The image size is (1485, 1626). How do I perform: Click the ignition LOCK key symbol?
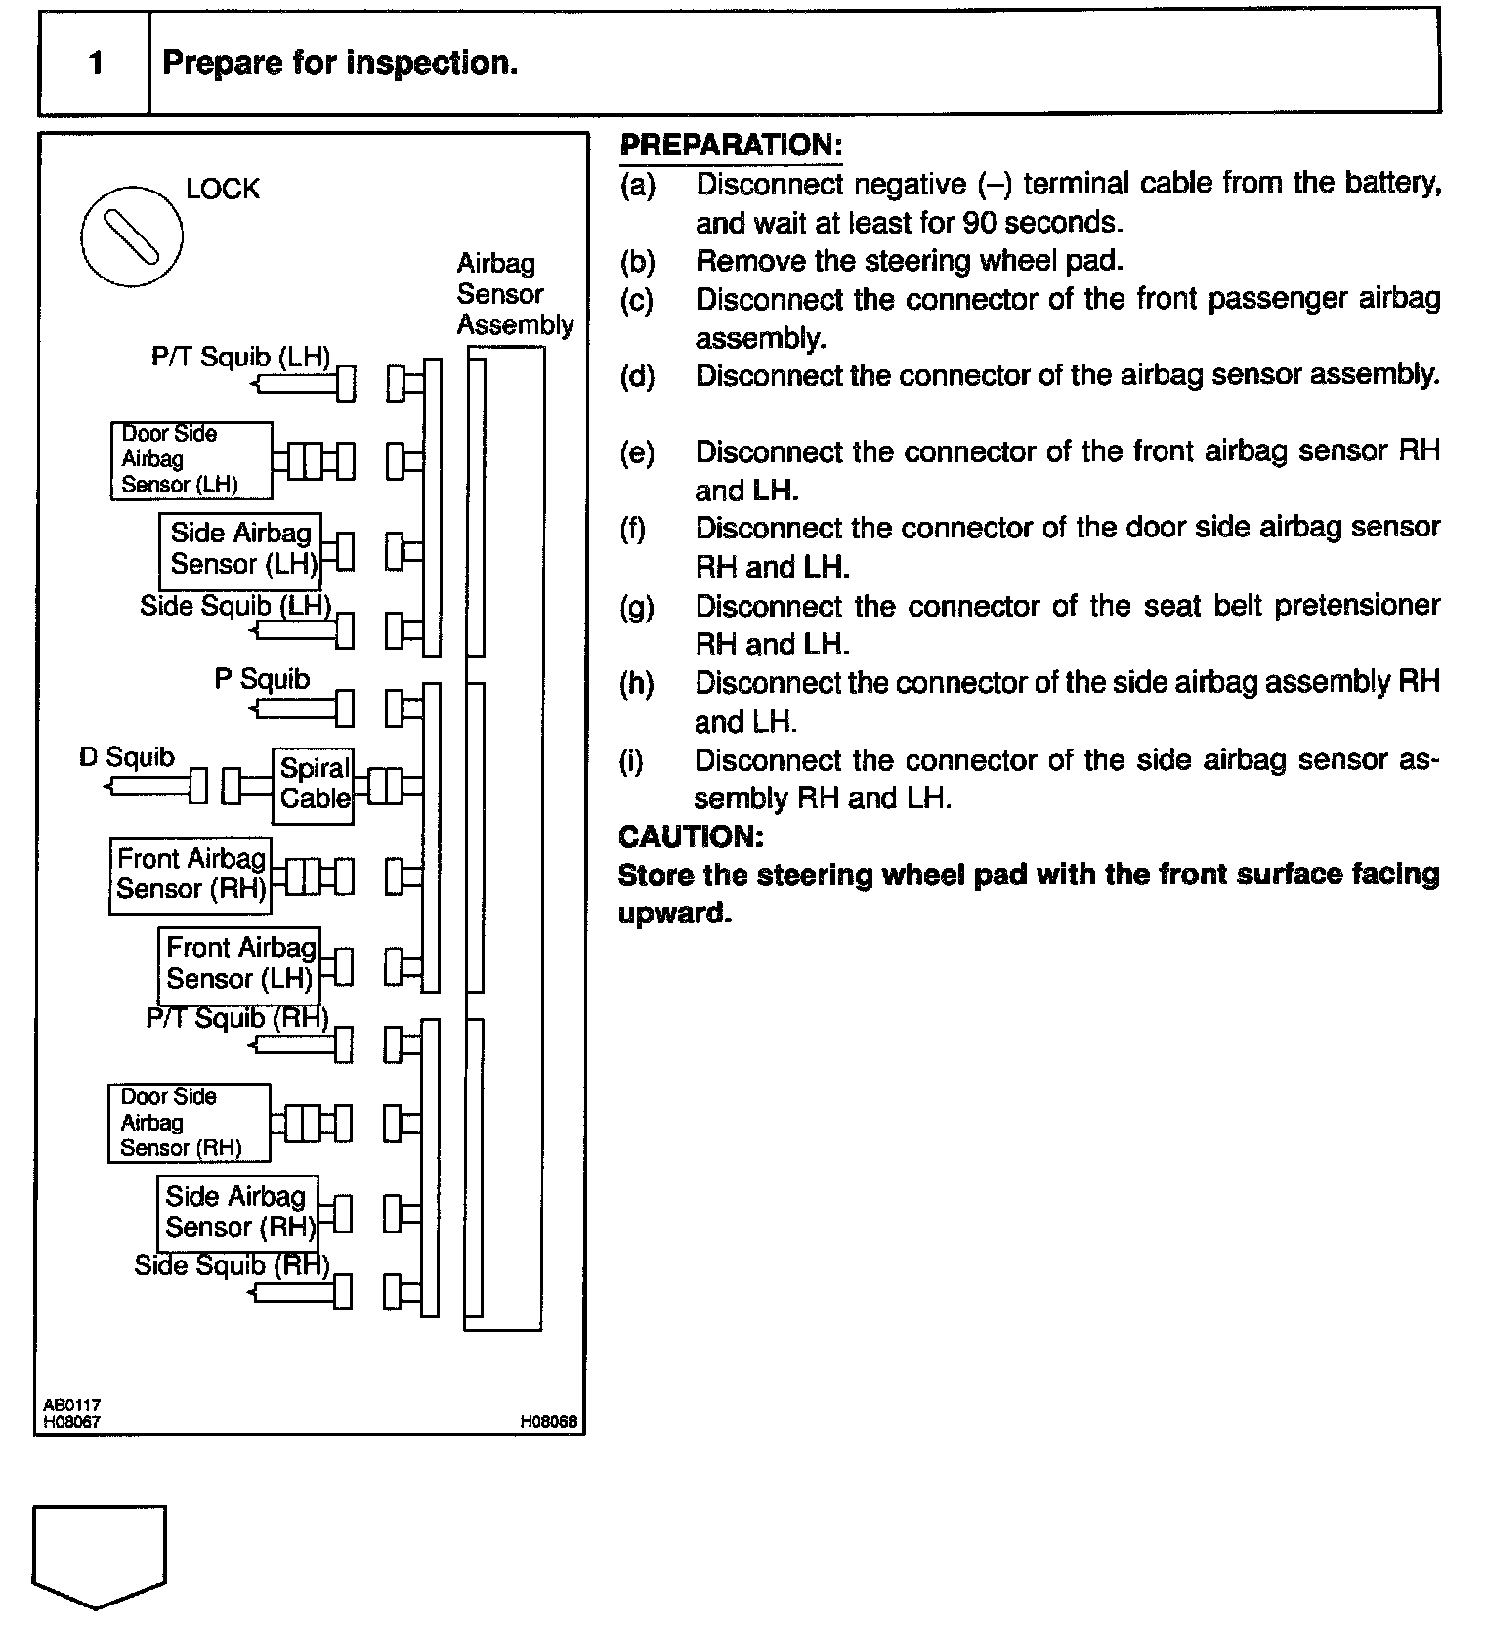pos(132,236)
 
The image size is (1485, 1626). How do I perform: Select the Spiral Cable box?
pos(313,785)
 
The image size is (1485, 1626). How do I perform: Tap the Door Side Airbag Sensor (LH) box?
pos(191,460)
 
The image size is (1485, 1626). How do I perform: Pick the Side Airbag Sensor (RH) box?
pos(238,1213)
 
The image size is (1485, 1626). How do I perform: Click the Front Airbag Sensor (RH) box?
pos(190,876)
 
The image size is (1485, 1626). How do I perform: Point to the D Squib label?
pos(127,757)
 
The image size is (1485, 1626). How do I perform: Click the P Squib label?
pos(262,679)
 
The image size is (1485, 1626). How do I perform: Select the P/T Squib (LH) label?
pos(240,357)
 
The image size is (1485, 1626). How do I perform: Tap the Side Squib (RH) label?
pos(232,1265)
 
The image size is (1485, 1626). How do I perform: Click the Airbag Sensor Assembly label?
pos(514,294)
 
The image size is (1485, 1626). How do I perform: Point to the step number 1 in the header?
pos(95,64)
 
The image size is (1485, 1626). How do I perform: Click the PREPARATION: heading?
pos(731,146)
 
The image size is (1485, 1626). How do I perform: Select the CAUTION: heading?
pos(691,836)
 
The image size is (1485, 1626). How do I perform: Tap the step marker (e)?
pos(637,452)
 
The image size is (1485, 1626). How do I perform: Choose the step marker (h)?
pos(637,683)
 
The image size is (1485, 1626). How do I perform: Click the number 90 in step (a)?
pos(978,223)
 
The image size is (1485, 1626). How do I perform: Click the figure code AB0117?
pos(71,1405)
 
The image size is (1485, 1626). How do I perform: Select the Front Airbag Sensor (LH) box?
pos(238,963)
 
